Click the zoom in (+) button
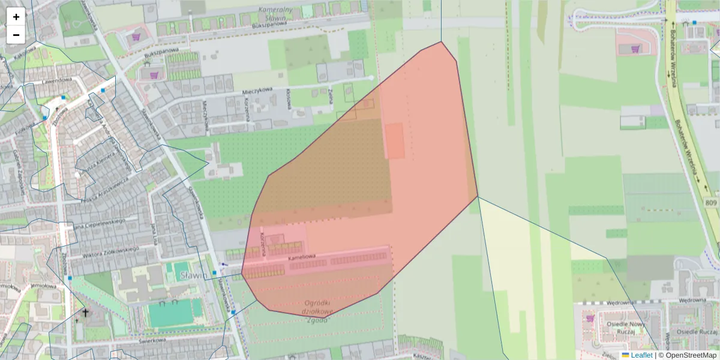tap(16, 17)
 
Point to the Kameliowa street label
tap(302, 257)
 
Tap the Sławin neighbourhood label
tap(194, 275)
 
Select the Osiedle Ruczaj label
tap(697, 332)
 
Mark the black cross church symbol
tap(85, 313)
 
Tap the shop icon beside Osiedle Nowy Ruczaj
tap(590, 319)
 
